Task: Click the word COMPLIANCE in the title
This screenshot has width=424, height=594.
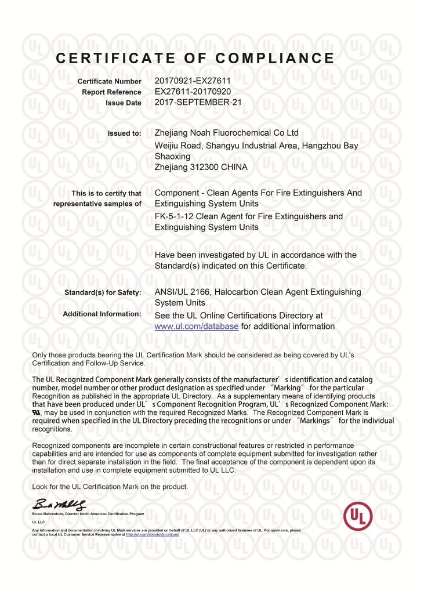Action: [275, 58]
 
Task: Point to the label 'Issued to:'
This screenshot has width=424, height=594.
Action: [124, 133]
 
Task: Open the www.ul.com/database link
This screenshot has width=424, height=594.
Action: [197, 327]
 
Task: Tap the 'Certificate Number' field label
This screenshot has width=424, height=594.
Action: [109, 81]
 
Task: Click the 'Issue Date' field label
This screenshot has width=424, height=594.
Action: [124, 103]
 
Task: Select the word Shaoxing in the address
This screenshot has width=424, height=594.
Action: [172, 156]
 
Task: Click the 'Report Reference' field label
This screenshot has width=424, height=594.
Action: [111, 92]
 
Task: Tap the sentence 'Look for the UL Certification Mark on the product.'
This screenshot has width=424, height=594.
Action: [110, 486]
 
